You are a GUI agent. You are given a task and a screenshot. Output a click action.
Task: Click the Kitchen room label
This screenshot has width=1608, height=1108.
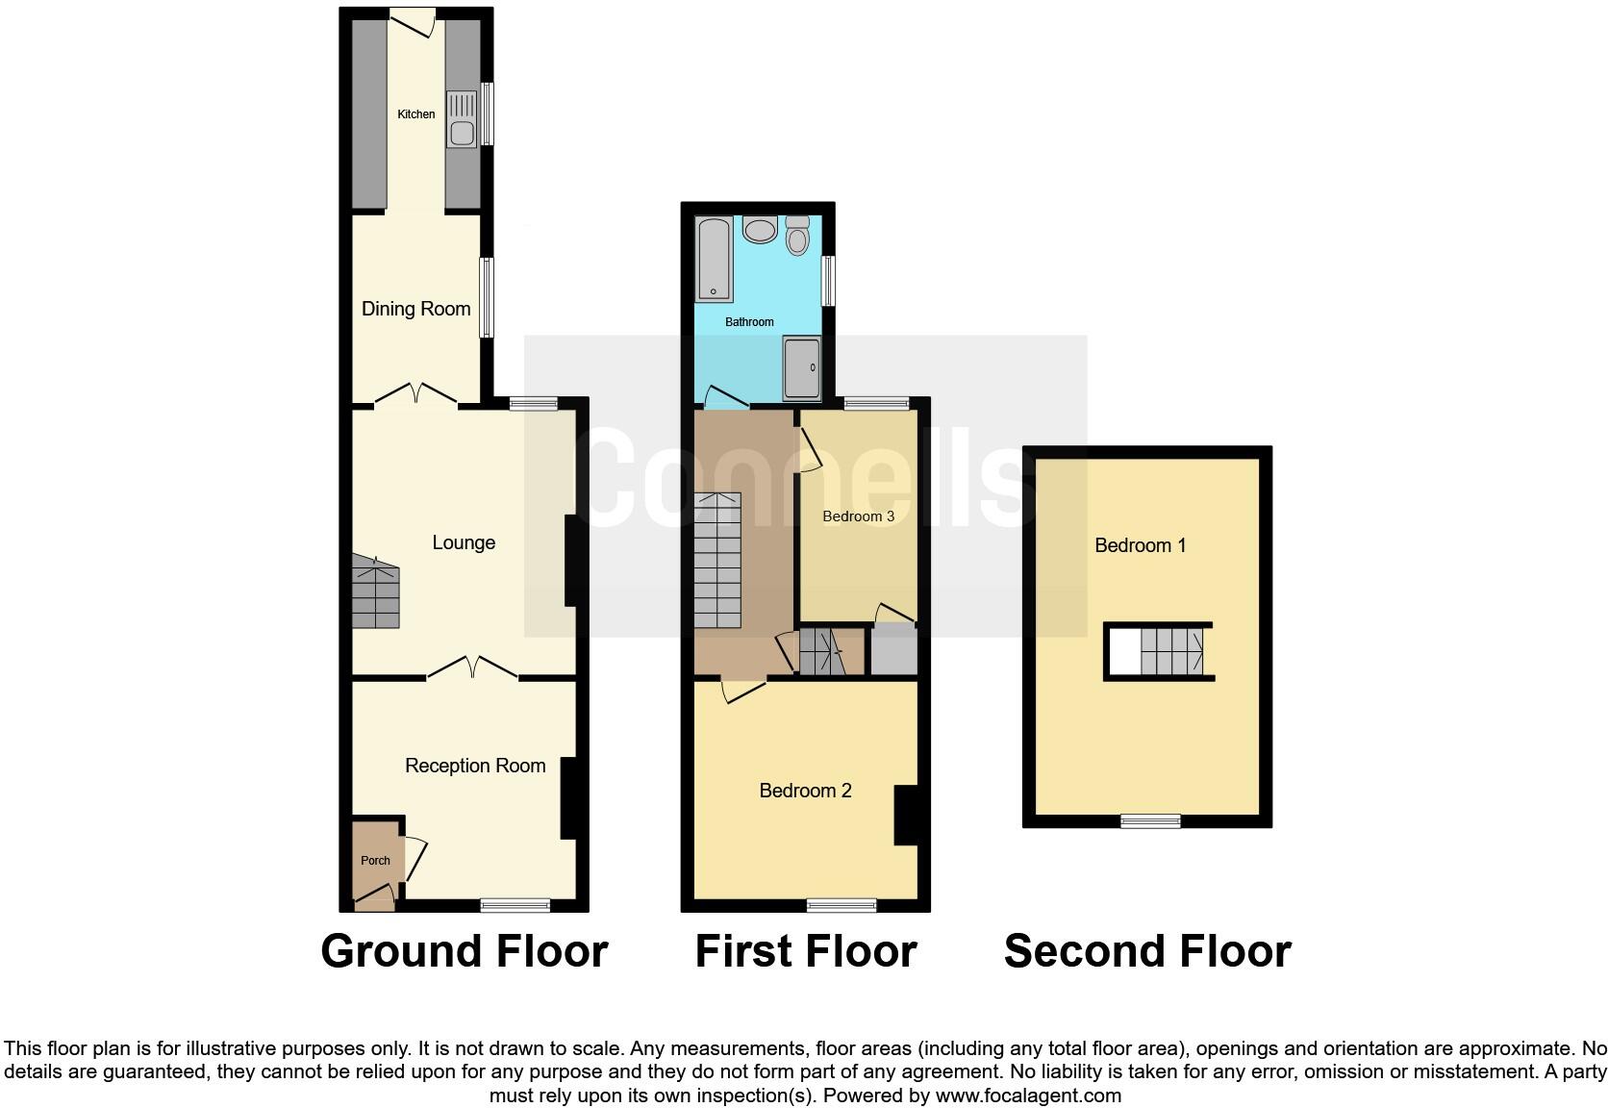coord(416,114)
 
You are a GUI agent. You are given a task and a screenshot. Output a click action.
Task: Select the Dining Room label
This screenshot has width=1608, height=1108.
coord(415,309)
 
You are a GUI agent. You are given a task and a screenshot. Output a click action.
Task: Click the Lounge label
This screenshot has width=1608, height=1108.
coord(464,542)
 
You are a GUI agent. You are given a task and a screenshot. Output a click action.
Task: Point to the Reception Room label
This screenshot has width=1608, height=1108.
coord(475,766)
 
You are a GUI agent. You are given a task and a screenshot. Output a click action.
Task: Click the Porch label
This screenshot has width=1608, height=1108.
coord(375,861)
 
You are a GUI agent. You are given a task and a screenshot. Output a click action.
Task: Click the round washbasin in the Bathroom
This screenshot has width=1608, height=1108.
coord(762,231)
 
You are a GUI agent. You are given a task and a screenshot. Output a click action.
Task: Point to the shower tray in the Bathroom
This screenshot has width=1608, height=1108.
coord(802,367)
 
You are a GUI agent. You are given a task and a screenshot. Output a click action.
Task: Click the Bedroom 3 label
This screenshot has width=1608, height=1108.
coord(858,516)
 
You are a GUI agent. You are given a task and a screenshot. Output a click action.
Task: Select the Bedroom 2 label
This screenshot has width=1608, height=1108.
coord(805,791)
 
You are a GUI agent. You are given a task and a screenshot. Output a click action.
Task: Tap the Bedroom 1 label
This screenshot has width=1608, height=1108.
coord(1140,545)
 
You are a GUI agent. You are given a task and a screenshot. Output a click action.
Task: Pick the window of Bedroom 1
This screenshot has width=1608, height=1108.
coord(1150,820)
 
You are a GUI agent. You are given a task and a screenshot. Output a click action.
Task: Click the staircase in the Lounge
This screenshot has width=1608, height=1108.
coord(375,592)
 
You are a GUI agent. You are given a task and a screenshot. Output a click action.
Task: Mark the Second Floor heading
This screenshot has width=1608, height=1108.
coord(1146,951)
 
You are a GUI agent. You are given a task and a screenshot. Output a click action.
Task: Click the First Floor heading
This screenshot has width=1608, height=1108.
coord(806,951)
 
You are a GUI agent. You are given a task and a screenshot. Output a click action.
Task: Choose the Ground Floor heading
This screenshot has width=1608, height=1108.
coord(465,951)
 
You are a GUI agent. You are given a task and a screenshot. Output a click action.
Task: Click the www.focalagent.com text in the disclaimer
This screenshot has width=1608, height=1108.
coord(1028,1095)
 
